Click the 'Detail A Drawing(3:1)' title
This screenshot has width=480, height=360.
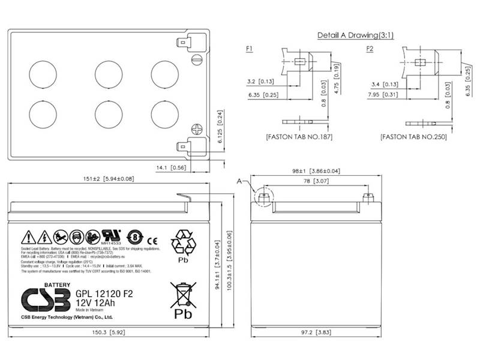[352, 35]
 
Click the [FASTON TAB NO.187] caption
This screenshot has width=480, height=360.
[299, 137]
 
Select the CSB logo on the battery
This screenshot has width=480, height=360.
[46, 298]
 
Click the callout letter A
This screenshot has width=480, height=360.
[241, 180]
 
